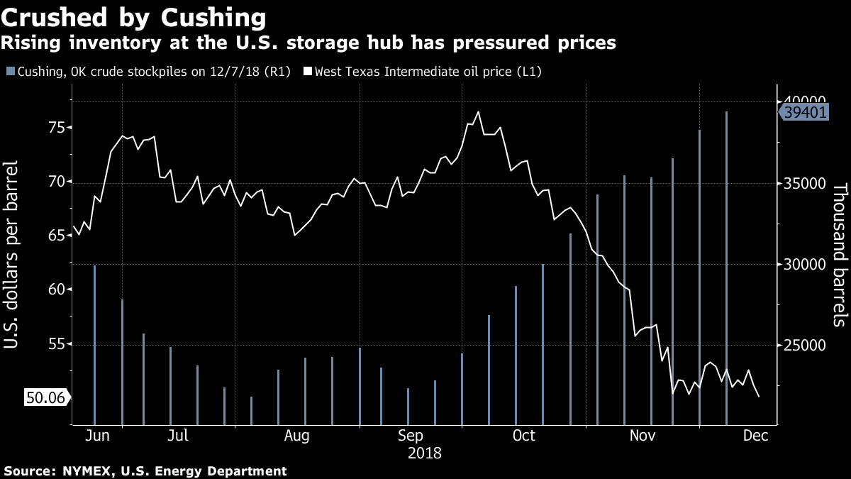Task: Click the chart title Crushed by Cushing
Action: point(135,17)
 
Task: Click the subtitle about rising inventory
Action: point(308,43)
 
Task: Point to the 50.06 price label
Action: point(45,398)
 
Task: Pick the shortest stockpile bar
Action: point(251,409)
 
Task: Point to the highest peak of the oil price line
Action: point(478,111)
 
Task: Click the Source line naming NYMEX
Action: point(145,470)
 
